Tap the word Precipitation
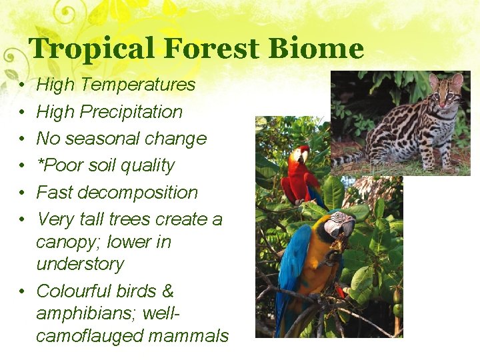131,112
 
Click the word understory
80,264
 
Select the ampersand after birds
167,291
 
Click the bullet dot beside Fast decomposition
23,193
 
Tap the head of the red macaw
299,155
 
